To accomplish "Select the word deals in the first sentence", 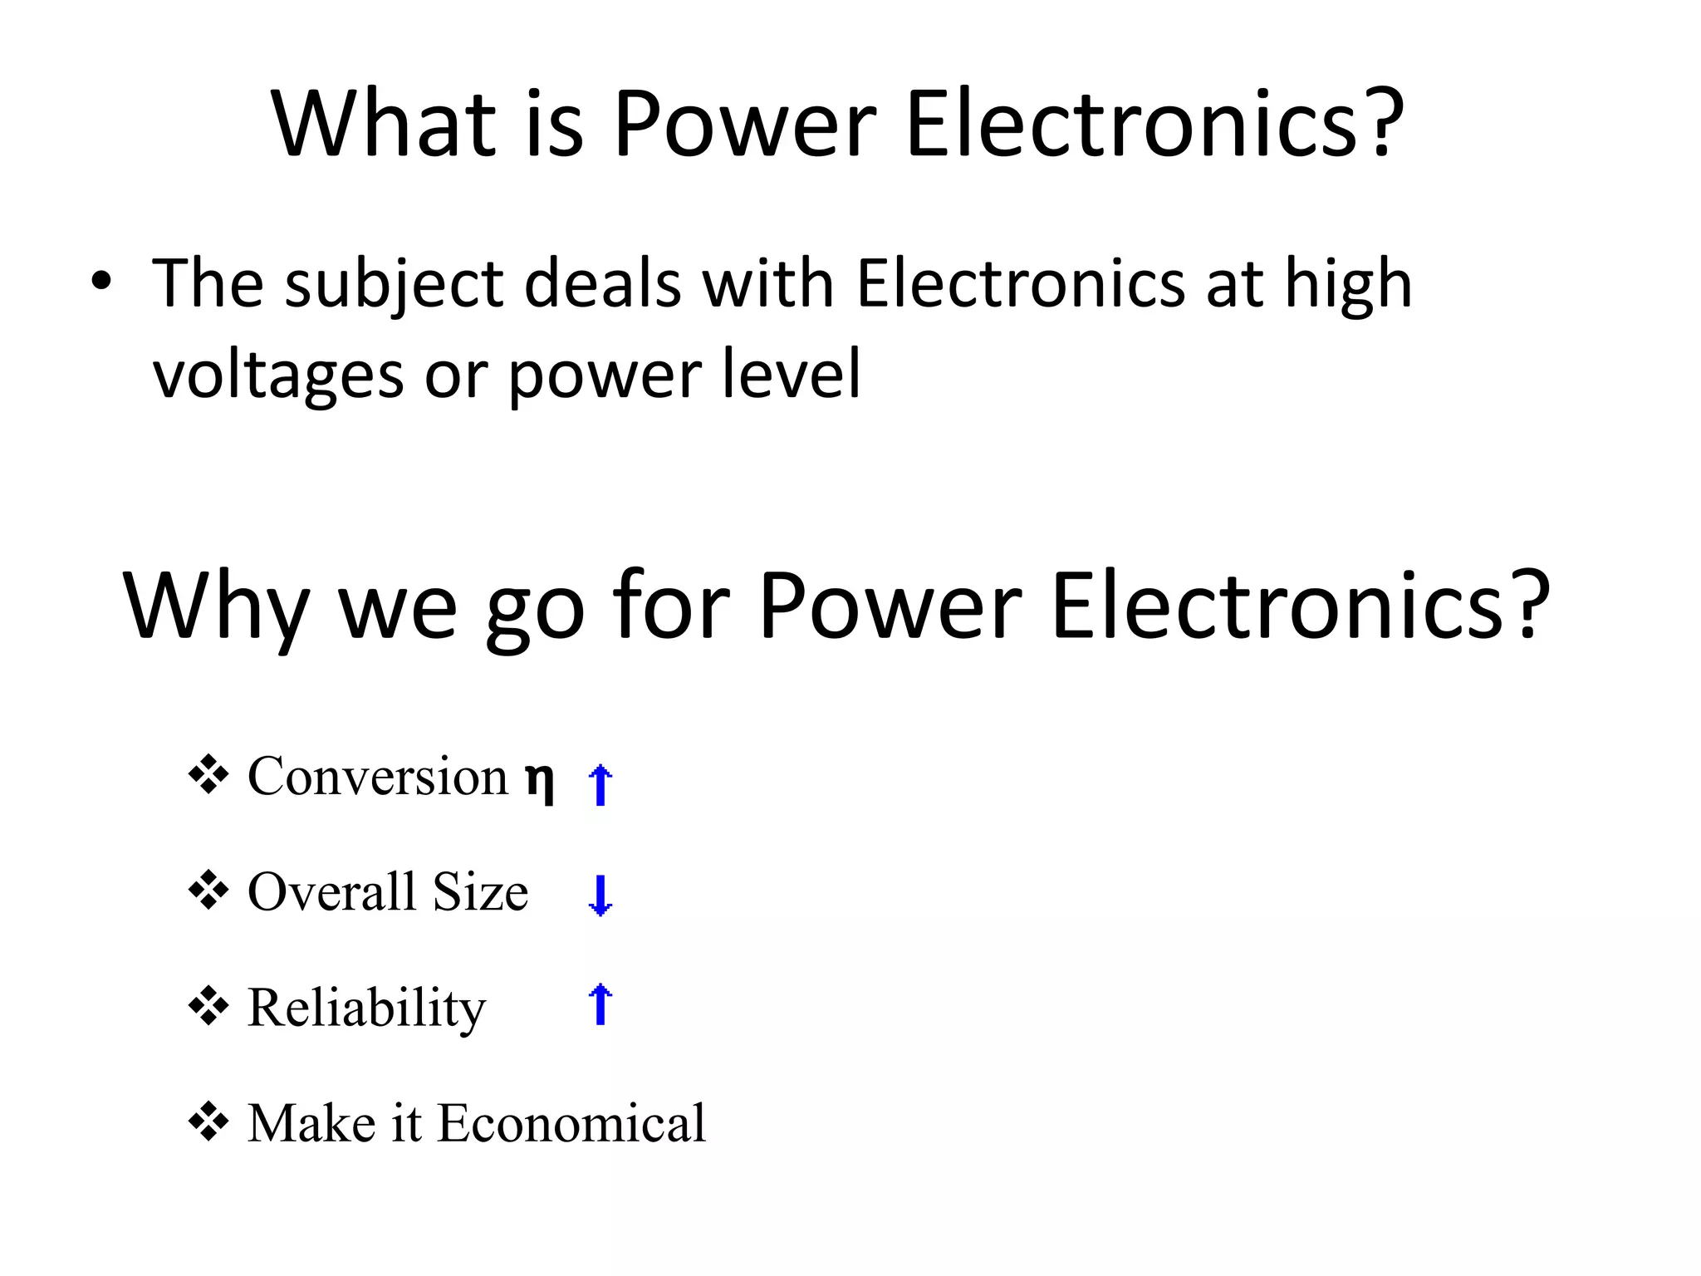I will click(x=604, y=284).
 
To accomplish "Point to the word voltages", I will click(x=278, y=375).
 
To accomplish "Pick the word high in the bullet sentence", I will click(x=1348, y=286).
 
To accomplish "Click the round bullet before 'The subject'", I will click(x=100, y=282).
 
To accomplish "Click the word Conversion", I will click(x=378, y=776).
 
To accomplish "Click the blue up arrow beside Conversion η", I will click(x=600, y=784).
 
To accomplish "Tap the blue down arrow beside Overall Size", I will click(x=600, y=896).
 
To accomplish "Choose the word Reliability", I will click(x=366, y=1009).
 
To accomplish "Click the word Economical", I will click(x=571, y=1123).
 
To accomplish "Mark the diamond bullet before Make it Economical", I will click(x=208, y=1121).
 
